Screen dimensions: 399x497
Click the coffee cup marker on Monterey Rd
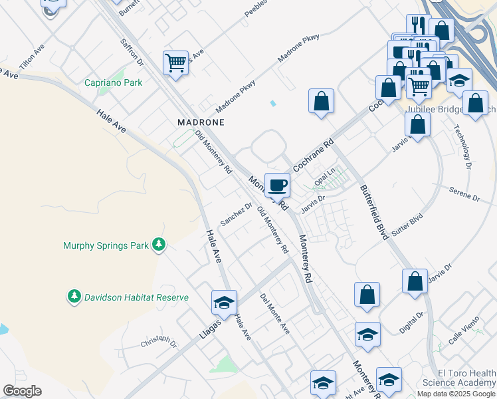[x=277, y=184]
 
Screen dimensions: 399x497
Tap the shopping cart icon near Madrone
[x=175, y=63]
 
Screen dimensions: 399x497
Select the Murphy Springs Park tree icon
[x=158, y=245]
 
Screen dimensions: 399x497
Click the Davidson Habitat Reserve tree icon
[x=74, y=297]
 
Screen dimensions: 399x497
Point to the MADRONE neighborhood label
[x=201, y=122]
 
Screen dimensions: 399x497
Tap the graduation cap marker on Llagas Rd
[x=224, y=302]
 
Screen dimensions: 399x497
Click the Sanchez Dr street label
[x=237, y=214]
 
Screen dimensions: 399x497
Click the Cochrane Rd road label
[x=312, y=155]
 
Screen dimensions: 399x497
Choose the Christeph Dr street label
[x=159, y=342]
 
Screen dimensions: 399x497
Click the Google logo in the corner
[x=22, y=391]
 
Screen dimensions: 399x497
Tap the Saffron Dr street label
[x=132, y=53]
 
